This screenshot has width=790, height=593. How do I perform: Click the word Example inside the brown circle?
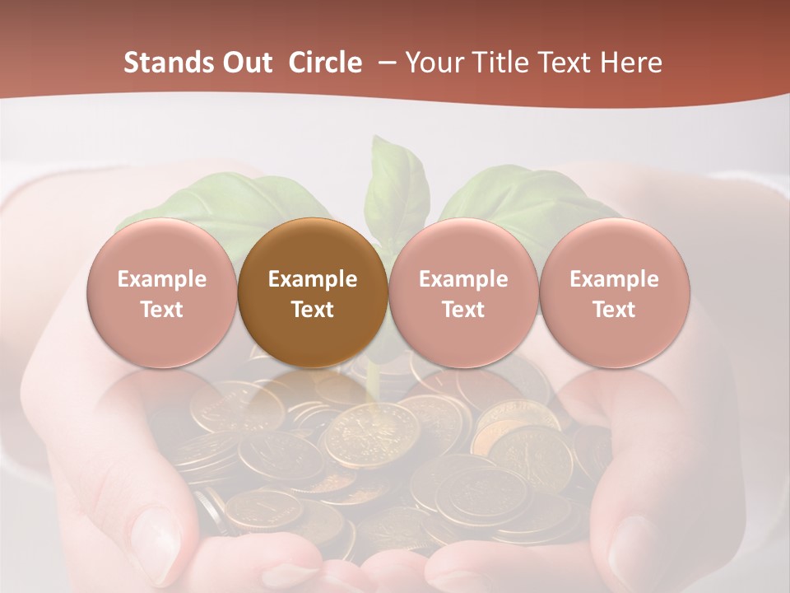point(312,279)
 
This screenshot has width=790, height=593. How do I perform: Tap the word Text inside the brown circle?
point(312,310)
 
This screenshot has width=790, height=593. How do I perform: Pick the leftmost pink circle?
point(161,293)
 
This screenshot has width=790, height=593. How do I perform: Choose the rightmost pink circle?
point(614,293)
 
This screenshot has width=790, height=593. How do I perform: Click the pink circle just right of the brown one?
point(463,293)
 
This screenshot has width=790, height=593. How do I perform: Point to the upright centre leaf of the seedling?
point(397,185)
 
